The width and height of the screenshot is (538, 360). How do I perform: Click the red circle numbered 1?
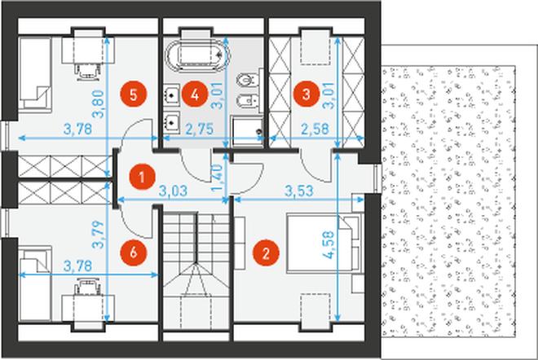point(142,177)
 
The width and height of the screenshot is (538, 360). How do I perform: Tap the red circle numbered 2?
point(266,253)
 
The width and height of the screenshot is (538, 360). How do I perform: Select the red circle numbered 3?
point(306,94)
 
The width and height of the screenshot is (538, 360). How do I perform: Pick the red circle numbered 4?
point(195,94)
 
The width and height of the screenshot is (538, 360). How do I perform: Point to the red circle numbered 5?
point(134,94)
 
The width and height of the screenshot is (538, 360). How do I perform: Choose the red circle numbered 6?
point(134,252)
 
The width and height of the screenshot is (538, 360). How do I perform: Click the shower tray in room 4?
point(247,132)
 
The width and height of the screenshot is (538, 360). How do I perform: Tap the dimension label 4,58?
point(329,244)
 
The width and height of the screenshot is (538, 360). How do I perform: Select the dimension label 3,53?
point(299,191)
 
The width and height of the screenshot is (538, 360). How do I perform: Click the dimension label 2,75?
point(200,129)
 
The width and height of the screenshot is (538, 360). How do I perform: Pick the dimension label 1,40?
point(218,178)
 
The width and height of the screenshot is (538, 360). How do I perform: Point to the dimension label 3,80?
point(98,104)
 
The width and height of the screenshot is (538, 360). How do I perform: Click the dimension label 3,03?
point(174,191)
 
